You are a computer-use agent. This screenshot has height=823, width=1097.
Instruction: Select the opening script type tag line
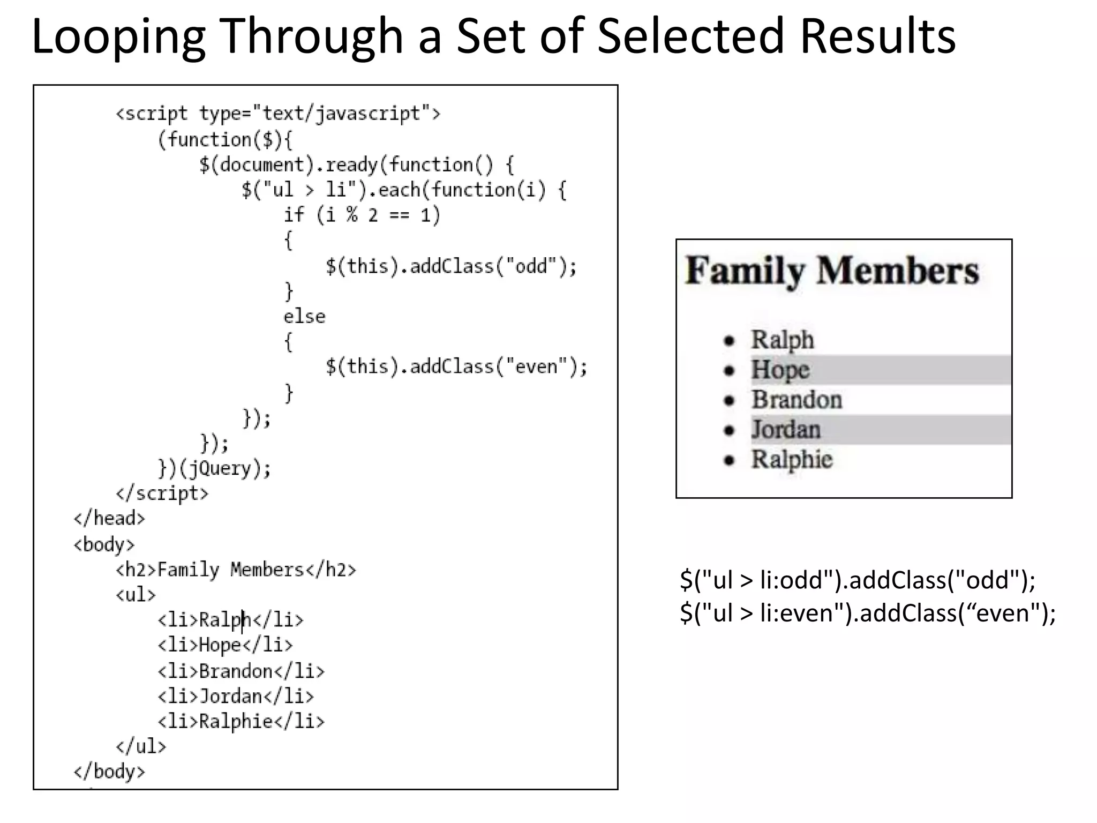(278, 114)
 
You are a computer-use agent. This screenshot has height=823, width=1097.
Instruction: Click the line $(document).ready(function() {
(356, 164)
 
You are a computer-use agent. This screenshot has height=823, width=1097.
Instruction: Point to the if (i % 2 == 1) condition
(362, 215)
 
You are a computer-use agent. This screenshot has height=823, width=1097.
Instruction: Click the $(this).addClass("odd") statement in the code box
(451, 266)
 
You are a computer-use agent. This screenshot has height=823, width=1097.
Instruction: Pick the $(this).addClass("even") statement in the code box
(456, 366)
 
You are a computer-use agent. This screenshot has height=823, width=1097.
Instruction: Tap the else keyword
(304, 316)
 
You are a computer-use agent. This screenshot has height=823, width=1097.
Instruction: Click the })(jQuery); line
(215, 468)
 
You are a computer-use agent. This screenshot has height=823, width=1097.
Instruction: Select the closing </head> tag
(109, 518)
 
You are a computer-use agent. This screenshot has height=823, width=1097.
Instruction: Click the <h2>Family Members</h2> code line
(236, 569)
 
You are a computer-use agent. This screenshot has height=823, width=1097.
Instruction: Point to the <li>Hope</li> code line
(225, 645)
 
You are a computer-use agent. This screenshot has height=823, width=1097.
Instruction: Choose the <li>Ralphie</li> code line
(241, 721)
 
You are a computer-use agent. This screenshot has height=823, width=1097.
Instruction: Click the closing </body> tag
(109, 772)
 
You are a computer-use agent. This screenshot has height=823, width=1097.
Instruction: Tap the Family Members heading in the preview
(832, 271)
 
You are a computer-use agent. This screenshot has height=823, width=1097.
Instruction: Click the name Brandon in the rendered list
(797, 400)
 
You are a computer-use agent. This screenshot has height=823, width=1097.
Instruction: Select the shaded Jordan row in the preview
(878, 430)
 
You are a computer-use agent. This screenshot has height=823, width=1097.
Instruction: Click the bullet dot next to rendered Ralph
(728, 340)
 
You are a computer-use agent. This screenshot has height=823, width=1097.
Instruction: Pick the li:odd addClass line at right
(858, 580)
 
